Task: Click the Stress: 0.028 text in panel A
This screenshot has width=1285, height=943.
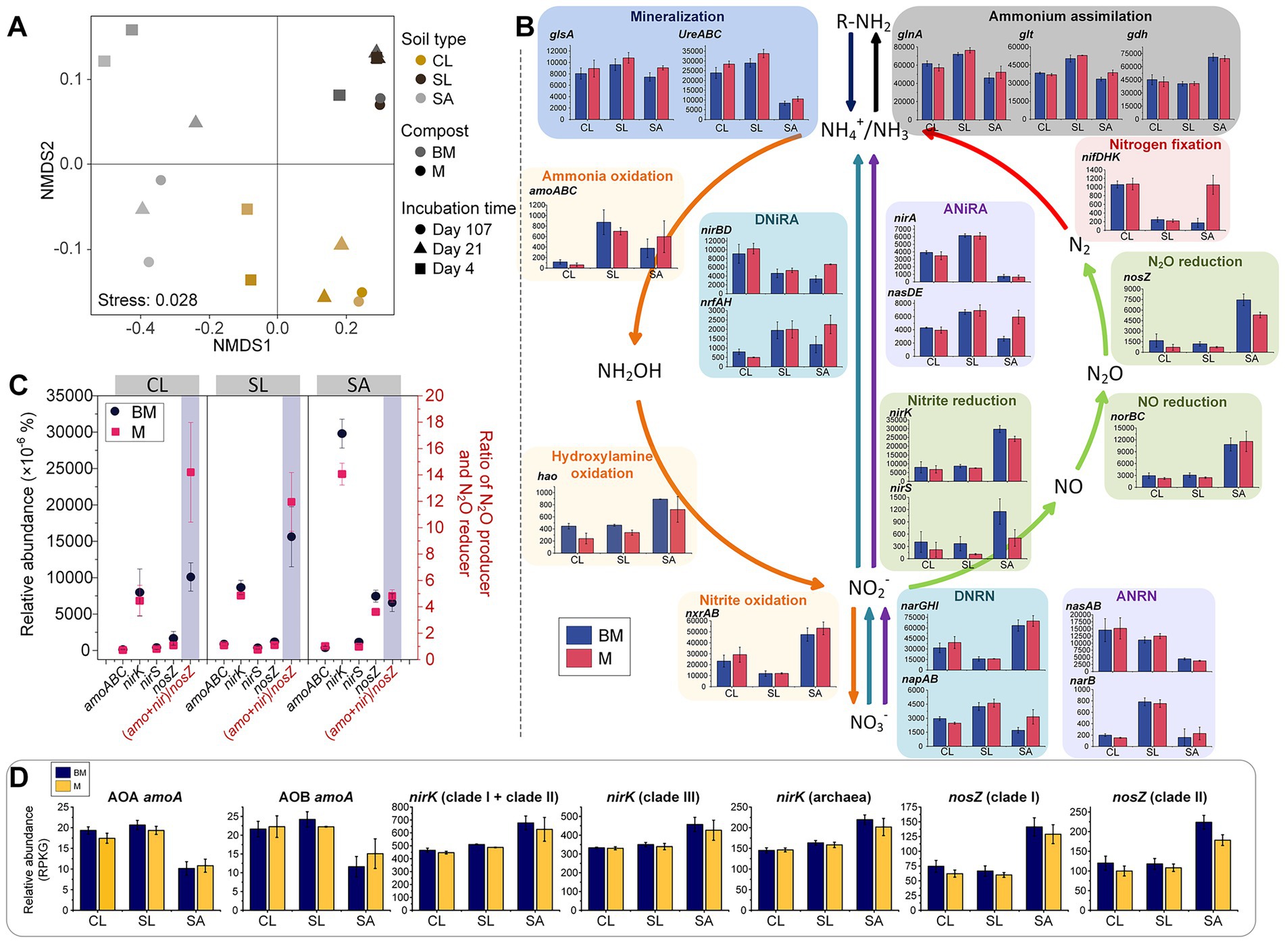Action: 147,300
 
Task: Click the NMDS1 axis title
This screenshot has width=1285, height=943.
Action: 242,346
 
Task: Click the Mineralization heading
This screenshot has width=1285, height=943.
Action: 677,16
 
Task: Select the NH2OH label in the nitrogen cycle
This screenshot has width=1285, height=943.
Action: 629,371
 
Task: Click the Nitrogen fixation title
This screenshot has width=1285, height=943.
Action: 1165,145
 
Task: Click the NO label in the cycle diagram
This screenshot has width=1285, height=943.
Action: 1067,486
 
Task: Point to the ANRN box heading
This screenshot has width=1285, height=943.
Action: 1136,596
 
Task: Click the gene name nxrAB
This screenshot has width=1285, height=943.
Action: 702,613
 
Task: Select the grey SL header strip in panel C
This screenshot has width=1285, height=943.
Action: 257,385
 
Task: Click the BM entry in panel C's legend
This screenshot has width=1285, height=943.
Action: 135,412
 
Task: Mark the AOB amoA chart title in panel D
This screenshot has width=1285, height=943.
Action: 316,797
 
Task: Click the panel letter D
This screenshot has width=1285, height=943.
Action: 18,778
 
